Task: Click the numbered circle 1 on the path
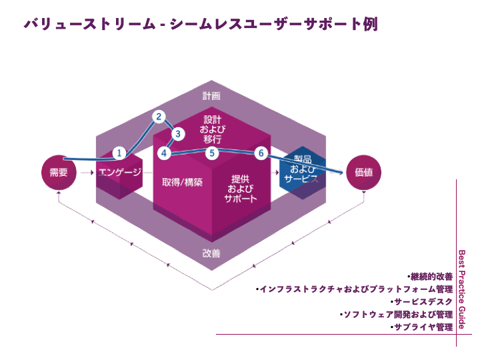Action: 119,153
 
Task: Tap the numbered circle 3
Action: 177,134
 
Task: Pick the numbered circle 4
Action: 164,153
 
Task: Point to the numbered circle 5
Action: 211,153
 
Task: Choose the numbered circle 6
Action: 261,153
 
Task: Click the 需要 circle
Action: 59,173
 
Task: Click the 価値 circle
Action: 365,173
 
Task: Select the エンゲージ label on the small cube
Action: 120,173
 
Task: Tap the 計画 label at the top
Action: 211,96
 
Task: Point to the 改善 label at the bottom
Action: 211,253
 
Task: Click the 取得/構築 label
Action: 182,181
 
